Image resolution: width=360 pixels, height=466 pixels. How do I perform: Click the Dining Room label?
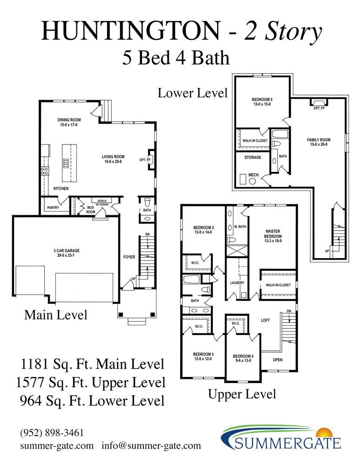[69, 122]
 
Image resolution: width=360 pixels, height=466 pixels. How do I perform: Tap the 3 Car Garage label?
[67, 253]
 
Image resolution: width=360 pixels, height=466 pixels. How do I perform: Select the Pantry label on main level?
[53, 207]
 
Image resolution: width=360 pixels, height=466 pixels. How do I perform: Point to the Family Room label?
[319, 142]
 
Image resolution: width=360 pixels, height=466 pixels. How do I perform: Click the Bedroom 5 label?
[262, 102]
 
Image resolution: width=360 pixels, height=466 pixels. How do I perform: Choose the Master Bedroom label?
[273, 236]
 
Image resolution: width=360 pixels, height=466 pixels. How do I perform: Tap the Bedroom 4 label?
[243, 358]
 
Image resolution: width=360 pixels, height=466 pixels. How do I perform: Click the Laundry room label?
[238, 283]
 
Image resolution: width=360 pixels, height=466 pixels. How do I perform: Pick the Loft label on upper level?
[265, 320]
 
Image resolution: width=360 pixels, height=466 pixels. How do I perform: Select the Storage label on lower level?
[253, 157]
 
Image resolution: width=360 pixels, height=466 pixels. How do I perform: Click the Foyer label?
[129, 257]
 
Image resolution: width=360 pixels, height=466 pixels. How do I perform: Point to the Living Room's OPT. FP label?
[145, 160]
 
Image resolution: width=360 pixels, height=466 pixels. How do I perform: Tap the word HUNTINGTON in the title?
[131, 31]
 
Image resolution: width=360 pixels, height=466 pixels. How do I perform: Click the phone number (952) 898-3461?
[52, 433]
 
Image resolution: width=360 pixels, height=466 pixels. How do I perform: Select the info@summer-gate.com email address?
[151, 446]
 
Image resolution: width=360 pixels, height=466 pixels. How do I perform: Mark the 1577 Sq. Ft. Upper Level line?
[91, 383]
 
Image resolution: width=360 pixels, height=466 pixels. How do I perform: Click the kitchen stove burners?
[45, 171]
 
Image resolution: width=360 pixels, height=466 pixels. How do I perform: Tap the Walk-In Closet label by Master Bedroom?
[278, 285]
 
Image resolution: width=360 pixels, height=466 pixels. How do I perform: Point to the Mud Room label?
[91, 210]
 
